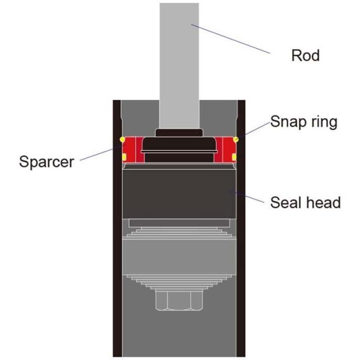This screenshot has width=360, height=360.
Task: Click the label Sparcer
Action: (46, 161)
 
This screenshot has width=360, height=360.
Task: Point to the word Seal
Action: (286, 202)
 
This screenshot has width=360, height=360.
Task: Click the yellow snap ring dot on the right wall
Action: (237, 139)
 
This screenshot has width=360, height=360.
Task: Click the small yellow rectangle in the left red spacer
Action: (124, 156)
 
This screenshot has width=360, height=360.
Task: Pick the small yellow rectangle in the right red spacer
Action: (234, 156)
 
